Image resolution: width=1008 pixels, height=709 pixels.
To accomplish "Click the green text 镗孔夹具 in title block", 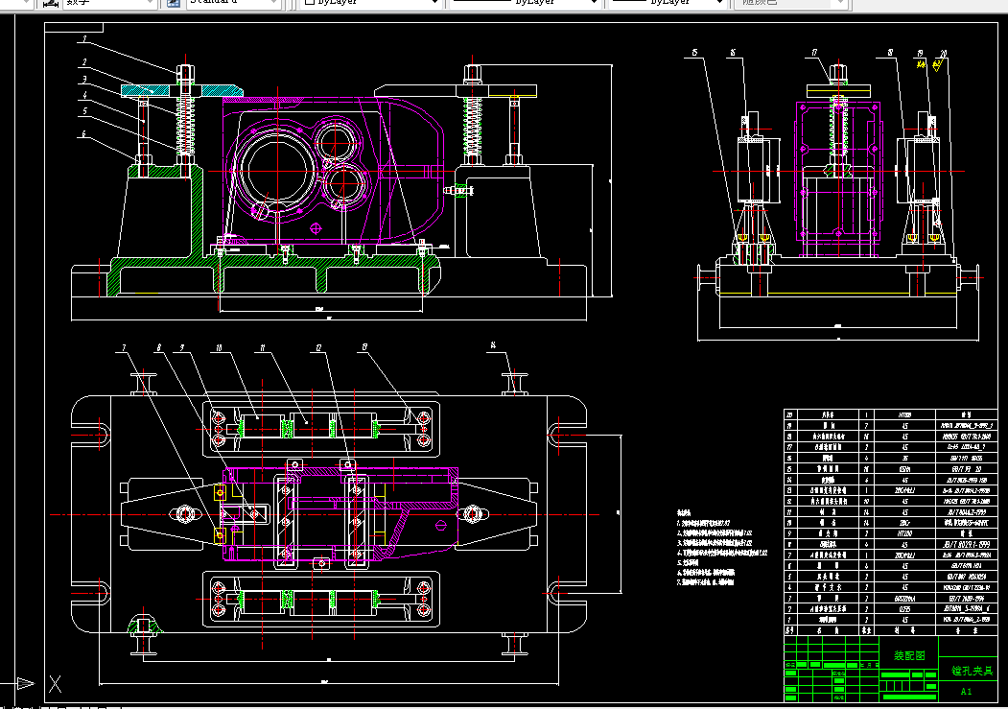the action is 973,671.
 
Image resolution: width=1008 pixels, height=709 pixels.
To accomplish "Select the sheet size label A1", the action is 966,691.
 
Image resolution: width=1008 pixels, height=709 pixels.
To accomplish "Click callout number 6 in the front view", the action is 84,133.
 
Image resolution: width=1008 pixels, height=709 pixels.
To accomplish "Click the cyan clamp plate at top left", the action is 144,90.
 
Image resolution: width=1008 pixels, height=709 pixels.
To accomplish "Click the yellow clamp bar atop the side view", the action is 837,90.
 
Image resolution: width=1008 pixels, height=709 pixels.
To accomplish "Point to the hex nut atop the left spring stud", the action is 184,72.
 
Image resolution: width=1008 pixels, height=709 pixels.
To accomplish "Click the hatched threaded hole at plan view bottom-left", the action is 145,626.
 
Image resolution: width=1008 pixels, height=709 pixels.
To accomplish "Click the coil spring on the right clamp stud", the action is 472,125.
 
